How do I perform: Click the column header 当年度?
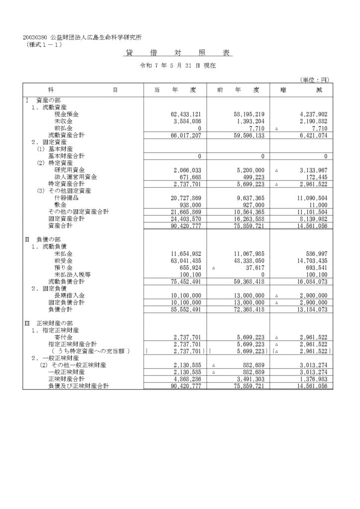click(x=176, y=90)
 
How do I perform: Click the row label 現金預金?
click(x=67, y=114)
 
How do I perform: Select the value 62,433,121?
click(x=185, y=114)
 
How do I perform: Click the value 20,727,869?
click(x=185, y=198)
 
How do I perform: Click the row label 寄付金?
click(x=63, y=337)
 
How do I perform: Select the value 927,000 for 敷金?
click(x=253, y=205)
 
